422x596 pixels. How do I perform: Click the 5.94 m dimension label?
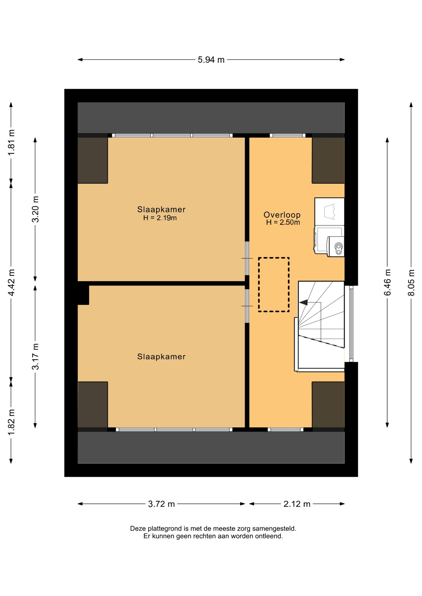click(211, 60)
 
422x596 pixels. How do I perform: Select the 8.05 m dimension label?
click(411, 282)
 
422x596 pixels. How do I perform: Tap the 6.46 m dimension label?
click(387, 282)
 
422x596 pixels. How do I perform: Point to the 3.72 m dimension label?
click(161, 503)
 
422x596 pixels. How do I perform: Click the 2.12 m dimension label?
click(297, 503)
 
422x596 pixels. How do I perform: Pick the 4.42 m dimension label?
click(11, 282)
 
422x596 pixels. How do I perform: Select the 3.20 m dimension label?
click(35, 209)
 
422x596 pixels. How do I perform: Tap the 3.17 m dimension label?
click(35, 356)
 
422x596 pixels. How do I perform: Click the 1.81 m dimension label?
click(11, 143)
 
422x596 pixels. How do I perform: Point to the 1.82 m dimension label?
click(11, 422)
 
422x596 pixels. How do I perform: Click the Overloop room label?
click(282, 214)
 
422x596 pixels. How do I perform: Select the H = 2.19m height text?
click(160, 218)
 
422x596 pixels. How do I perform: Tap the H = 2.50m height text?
click(283, 222)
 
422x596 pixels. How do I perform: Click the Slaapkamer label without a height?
click(161, 357)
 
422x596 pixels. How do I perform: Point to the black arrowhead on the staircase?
click(303, 302)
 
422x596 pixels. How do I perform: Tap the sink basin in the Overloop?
click(329, 211)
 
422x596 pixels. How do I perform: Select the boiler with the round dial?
click(336, 246)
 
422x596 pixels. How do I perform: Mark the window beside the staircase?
click(351, 324)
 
